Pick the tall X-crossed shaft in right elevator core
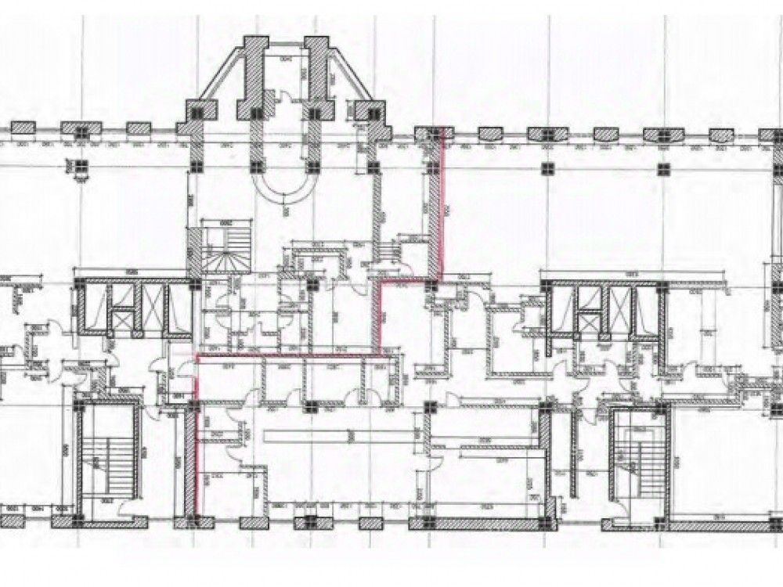click(x=621, y=309)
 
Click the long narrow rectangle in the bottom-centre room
click(x=329, y=435)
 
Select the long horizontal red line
click(x=290, y=356)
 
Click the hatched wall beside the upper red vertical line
click(x=433, y=211)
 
